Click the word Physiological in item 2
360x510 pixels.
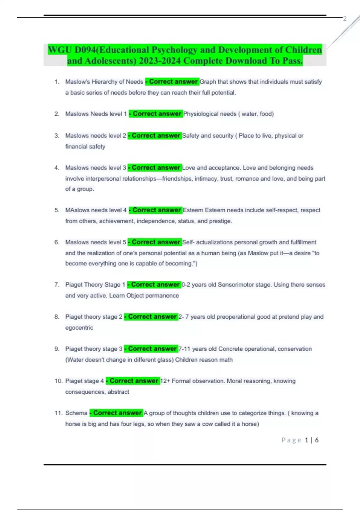(201, 114)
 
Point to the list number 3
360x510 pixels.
(57, 136)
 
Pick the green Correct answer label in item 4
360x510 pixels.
(155, 168)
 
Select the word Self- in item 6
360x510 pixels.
(188, 242)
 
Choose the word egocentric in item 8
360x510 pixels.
(79, 328)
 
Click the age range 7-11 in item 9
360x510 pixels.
(184, 349)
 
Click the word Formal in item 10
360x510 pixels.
(181, 381)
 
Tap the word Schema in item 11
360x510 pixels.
(76, 413)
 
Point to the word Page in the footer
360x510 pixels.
(291, 440)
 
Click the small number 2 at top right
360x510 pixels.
(345, 19)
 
